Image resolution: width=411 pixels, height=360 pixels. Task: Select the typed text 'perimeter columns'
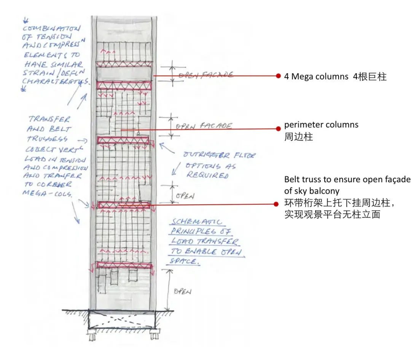(321, 124)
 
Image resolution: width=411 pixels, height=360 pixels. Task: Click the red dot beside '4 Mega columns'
(279, 76)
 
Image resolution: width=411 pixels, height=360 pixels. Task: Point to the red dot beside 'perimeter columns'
(279, 129)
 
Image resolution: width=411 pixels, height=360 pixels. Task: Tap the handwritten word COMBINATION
(52, 29)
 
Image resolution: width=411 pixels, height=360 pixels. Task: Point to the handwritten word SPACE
(185, 262)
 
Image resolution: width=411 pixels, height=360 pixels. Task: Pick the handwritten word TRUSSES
(48, 139)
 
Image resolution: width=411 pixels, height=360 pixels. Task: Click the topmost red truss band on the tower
(124, 65)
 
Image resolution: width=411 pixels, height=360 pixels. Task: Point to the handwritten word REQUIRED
(207, 175)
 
